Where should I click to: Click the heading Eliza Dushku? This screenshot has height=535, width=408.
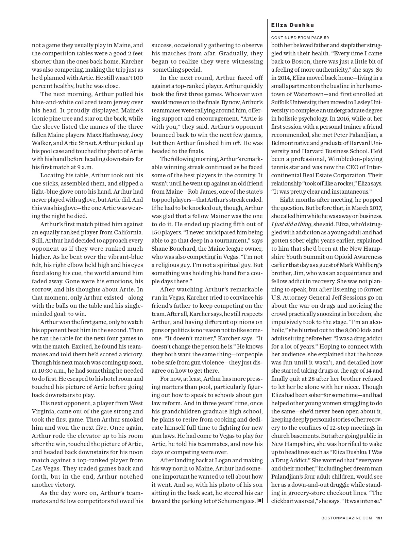292,25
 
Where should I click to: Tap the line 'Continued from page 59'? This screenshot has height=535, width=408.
300,38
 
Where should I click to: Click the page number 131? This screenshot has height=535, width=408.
379,518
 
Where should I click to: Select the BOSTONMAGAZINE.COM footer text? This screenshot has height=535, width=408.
347,518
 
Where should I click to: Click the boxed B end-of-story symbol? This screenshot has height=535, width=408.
260,501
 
